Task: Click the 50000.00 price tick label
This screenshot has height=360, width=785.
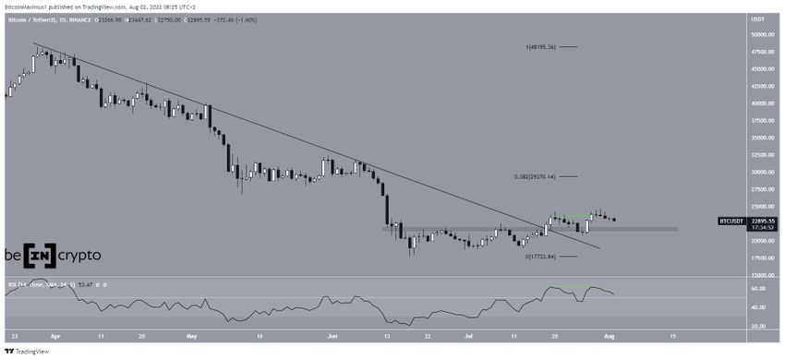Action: point(762,33)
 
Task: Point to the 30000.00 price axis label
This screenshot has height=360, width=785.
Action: point(762,172)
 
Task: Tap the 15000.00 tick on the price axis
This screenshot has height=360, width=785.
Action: point(762,275)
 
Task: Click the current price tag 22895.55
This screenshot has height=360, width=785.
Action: point(763,221)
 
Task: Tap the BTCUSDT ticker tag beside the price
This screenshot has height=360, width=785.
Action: point(731,222)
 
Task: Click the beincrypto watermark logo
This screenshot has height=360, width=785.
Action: point(52,255)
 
